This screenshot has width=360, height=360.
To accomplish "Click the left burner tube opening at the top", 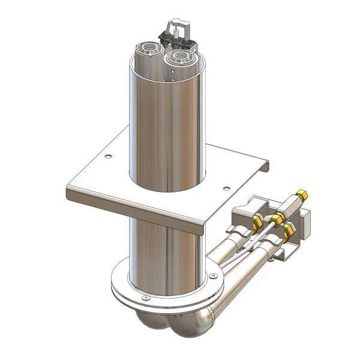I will (149, 49).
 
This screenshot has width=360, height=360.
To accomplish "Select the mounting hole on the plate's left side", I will (108, 157).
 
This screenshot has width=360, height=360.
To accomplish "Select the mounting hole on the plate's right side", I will (226, 188).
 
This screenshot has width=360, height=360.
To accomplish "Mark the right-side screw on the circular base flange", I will (214, 276).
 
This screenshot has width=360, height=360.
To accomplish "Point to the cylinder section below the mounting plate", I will (162, 252).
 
